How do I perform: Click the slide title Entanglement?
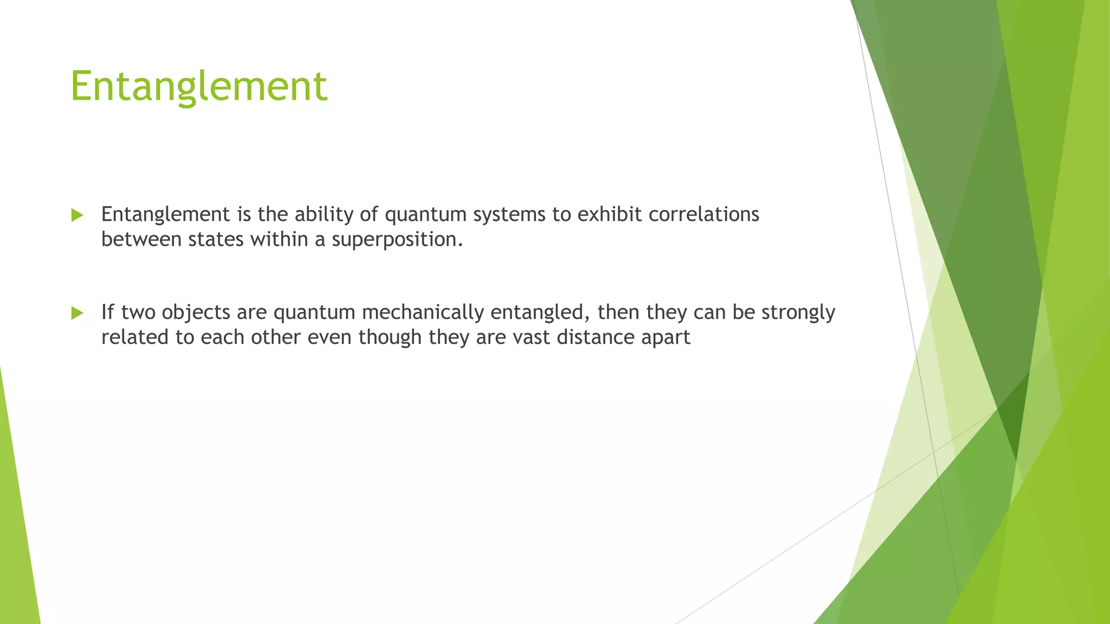[x=199, y=86]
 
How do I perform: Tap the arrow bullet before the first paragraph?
[x=77, y=215]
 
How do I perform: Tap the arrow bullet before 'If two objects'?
[x=77, y=313]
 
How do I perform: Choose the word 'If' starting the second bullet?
[x=107, y=312]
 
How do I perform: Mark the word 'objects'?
[x=196, y=313]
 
